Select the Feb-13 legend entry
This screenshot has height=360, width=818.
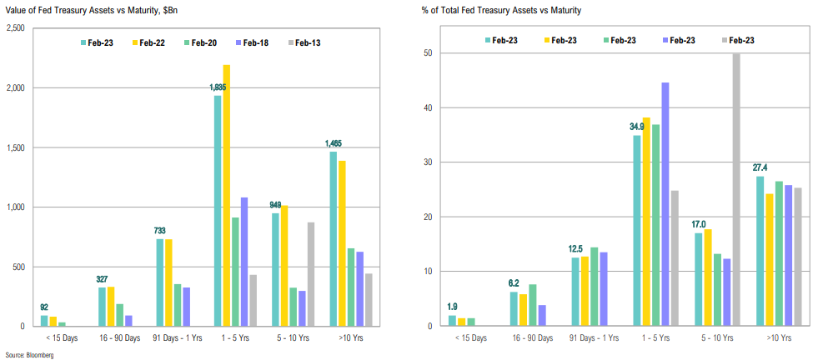pyautogui.click(x=305, y=42)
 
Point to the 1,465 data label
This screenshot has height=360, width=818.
pyautogui.click(x=334, y=143)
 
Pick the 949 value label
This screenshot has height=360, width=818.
pyautogui.click(x=275, y=205)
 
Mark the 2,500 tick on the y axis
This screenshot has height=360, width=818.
pyautogui.click(x=17, y=28)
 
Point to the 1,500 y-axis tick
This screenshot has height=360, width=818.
pyautogui.click(x=17, y=147)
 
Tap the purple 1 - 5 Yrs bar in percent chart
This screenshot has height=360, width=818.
pyautogui.click(x=665, y=204)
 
